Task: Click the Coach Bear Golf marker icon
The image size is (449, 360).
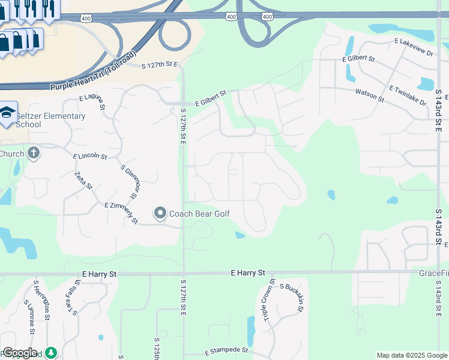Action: point(160,213)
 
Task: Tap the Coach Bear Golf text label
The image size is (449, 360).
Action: point(199,214)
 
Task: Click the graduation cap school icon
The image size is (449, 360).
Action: point(7,113)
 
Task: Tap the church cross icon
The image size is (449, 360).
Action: point(33,154)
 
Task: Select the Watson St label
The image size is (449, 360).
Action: point(370,94)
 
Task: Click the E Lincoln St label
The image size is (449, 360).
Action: point(90,157)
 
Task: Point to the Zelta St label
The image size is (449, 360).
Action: point(83,181)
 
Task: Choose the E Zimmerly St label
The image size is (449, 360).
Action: point(121,213)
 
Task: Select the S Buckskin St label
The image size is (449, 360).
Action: point(292,298)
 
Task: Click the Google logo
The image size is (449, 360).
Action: point(19,353)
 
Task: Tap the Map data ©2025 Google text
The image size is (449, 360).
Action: point(412,355)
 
